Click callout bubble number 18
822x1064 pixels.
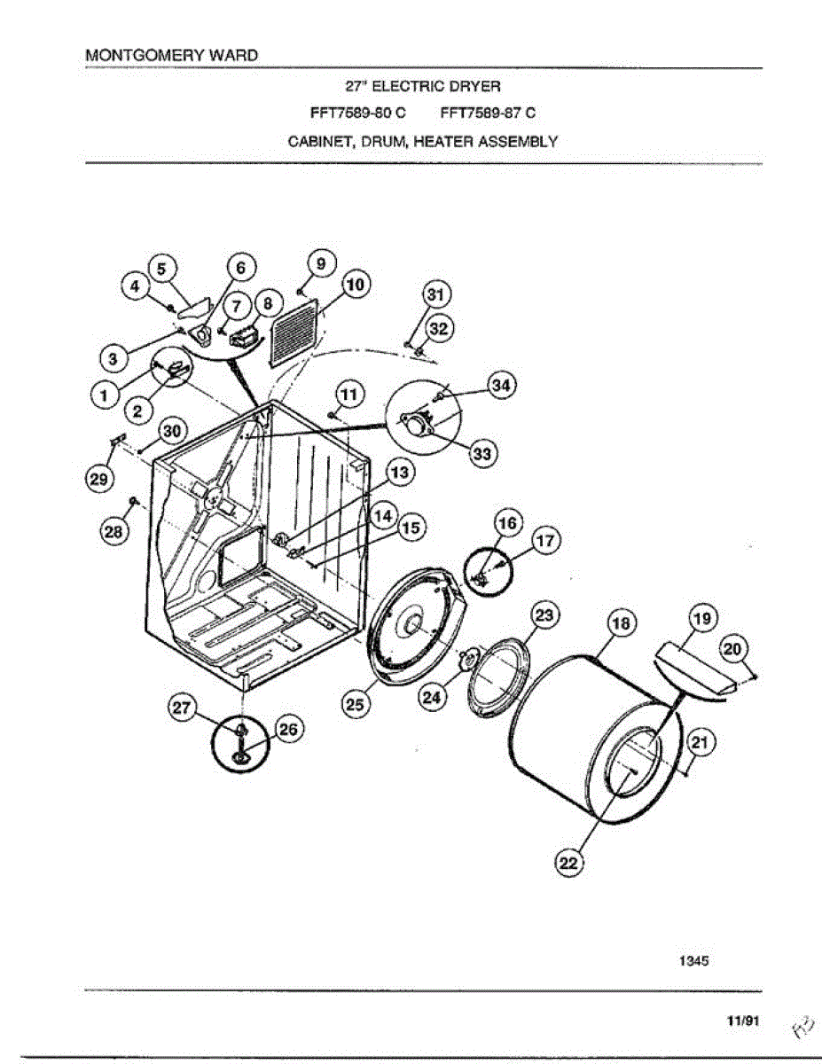pyautogui.click(x=622, y=624)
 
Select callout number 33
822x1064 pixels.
pyautogui.click(x=482, y=453)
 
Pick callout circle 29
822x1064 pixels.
pyautogui.click(x=98, y=479)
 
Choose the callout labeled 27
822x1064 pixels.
pyautogui.click(x=181, y=707)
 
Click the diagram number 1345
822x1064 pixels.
pyautogui.click(x=694, y=959)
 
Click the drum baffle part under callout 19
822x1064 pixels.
pyautogui.click(x=694, y=670)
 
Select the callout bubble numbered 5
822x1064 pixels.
pyautogui.click(x=160, y=268)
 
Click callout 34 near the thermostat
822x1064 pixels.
pyautogui.click(x=502, y=385)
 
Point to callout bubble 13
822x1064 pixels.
pyautogui.click(x=400, y=473)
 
